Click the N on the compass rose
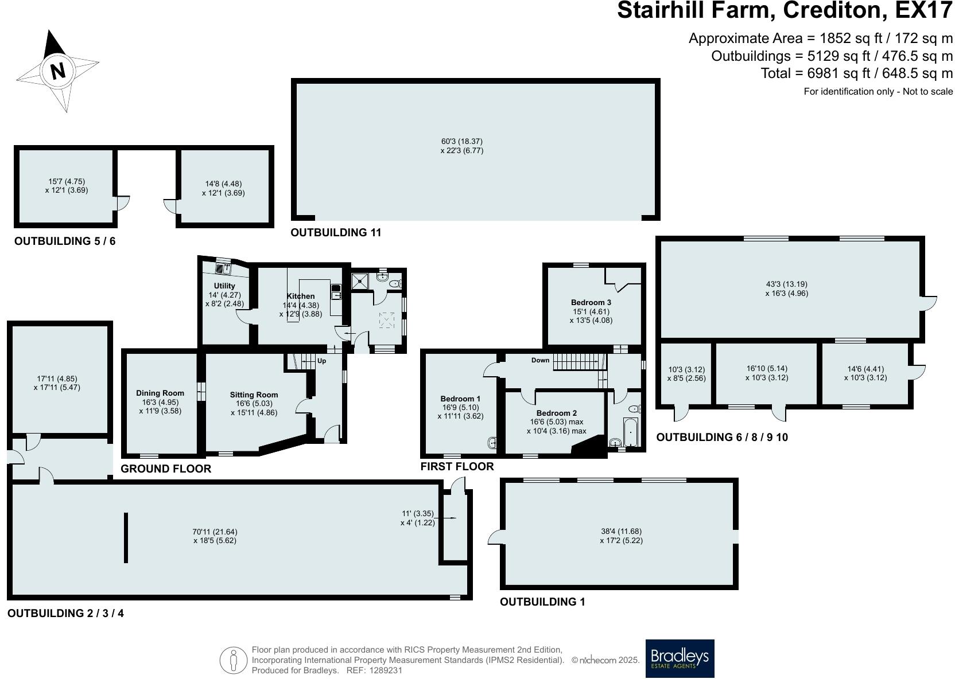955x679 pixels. tap(57, 71)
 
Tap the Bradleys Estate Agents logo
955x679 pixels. tap(680, 658)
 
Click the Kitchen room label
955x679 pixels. tap(301, 296)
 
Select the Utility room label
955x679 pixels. tap(224, 286)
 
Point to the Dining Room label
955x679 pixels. tap(160, 393)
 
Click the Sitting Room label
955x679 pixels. tap(254, 395)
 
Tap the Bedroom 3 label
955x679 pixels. tap(591, 302)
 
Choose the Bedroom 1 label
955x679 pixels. tap(460, 399)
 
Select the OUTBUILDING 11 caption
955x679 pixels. tap(336, 232)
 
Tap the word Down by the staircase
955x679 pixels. tap(540, 360)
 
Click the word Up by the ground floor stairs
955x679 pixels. tap(321, 361)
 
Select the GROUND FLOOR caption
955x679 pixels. tap(166, 469)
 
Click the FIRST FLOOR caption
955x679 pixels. tap(457, 466)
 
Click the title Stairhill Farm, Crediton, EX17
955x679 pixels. tap(784, 10)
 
